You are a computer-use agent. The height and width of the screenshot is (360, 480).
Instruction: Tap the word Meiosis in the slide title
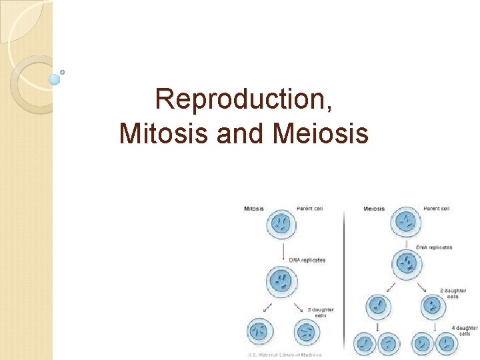coord(321,133)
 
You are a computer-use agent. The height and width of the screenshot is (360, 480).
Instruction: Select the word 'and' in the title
coord(245,133)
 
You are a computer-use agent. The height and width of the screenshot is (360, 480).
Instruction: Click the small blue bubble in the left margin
coord(55,79)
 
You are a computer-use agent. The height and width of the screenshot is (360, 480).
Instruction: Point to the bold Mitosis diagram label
coord(253,209)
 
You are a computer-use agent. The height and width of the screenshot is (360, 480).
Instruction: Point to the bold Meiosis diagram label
coord(374,209)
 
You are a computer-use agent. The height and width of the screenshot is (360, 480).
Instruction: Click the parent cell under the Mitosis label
coord(283,225)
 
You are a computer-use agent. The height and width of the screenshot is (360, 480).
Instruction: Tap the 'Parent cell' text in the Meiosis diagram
coord(436,209)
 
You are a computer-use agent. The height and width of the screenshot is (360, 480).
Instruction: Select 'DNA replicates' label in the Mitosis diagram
coord(307,259)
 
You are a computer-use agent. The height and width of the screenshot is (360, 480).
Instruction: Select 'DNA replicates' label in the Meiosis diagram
coord(434,247)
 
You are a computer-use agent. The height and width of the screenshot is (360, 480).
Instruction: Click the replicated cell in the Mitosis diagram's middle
coord(283,281)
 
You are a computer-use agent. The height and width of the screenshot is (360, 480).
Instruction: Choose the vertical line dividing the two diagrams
coord(344,280)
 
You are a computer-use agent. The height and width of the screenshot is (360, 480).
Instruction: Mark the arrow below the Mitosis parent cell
coord(283,252)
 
